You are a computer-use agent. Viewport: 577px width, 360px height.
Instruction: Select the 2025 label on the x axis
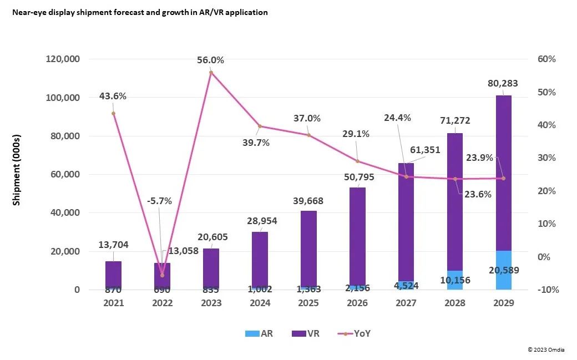pyautogui.click(x=308, y=303)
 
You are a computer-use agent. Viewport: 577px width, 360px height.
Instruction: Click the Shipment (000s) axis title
pyautogui.click(x=17, y=170)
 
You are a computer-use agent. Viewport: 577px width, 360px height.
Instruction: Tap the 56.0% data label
pyautogui.click(x=210, y=60)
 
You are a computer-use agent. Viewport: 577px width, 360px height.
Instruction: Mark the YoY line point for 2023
pyautogui.click(x=211, y=72)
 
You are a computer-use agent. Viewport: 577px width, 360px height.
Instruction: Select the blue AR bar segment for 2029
pyautogui.click(x=503, y=270)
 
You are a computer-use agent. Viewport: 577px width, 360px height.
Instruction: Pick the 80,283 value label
pyautogui.click(x=503, y=84)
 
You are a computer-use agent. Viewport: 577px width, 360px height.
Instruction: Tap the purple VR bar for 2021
pyautogui.click(x=113, y=274)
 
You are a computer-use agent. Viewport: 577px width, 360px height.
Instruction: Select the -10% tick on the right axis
pyautogui.click(x=546, y=290)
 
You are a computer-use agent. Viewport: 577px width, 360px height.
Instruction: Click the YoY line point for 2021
pyautogui.click(x=113, y=113)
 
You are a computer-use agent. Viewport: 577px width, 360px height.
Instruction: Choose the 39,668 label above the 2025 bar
pyautogui.click(x=308, y=201)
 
